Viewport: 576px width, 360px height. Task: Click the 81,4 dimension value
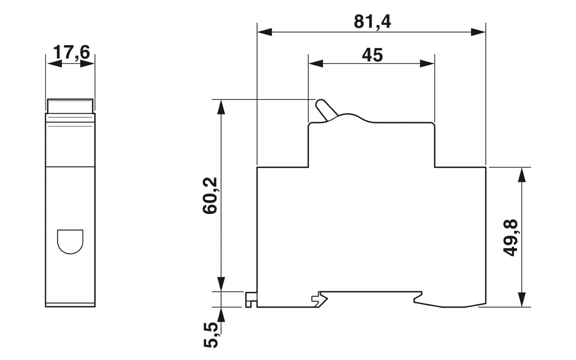pyautogui.click(x=372, y=22)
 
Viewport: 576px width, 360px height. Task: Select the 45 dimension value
pyautogui.click(x=372, y=55)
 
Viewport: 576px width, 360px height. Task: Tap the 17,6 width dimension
pyautogui.click(x=71, y=52)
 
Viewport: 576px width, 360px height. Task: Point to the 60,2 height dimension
pyautogui.click(x=210, y=195)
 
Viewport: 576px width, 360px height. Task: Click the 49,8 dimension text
pyautogui.click(x=511, y=238)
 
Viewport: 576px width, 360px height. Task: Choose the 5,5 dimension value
pyautogui.click(x=210, y=335)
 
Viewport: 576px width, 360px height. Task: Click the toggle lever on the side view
pyautogui.click(x=325, y=110)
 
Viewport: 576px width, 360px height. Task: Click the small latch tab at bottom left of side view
pyautogui.click(x=251, y=299)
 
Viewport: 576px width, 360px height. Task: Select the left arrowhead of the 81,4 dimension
pyautogui.click(x=264, y=32)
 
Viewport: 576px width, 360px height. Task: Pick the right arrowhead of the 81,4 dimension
pyautogui.click(x=478, y=32)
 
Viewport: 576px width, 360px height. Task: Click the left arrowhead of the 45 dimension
pyautogui.click(x=316, y=63)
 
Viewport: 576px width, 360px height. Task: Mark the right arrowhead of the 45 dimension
pyautogui.click(x=427, y=63)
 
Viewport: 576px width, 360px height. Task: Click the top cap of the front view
pyautogui.click(x=70, y=105)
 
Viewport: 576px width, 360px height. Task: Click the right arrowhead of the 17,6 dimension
pyautogui.click(x=88, y=63)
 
